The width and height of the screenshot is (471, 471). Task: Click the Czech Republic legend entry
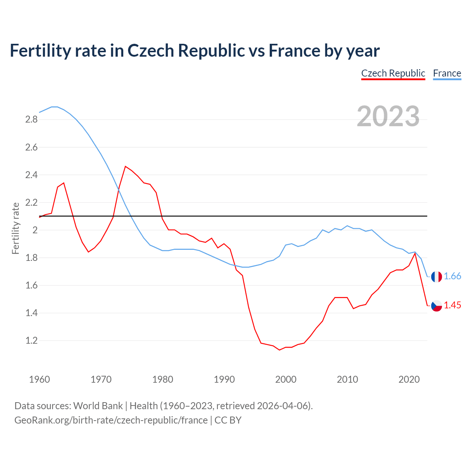[393, 73]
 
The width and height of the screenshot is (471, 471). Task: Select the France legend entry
[447, 73]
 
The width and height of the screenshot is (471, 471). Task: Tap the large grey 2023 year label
[388, 116]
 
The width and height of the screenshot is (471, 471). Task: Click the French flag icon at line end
[436, 277]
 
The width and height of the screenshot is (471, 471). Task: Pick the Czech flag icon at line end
[436, 305]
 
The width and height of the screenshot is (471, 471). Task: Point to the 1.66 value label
[452, 276]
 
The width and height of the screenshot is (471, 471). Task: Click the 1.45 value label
[452, 305]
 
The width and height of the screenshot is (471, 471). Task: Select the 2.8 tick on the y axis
[31, 119]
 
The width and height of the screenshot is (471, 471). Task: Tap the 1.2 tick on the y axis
[31, 340]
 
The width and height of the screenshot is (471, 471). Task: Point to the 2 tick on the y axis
[35, 230]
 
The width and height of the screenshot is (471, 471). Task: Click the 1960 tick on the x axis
[39, 379]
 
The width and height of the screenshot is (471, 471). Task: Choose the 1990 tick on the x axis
[224, 379]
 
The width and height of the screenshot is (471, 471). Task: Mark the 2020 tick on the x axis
[409, 379]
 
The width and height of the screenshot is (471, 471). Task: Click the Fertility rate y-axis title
[15, 228]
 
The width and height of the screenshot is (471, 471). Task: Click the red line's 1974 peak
[125, 166]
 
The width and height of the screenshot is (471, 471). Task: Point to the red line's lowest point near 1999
[279, 350]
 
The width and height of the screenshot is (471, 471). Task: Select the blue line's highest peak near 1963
[54, 107]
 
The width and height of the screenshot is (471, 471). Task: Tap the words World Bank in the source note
[98, 406]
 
